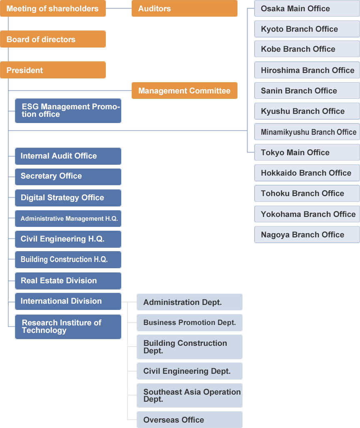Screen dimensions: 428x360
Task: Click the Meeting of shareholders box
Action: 52,8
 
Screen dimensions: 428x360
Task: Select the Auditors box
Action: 184,8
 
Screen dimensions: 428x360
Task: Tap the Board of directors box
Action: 52,39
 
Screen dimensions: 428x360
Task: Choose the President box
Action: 52,70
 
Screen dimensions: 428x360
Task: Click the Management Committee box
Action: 184,91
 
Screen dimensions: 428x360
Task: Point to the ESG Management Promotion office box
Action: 68,111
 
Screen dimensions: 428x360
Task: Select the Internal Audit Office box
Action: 68,156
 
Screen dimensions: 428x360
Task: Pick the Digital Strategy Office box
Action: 68,198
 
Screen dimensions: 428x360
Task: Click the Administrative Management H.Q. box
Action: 68,219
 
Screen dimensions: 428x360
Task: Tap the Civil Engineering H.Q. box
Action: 68,239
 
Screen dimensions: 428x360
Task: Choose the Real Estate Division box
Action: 68,281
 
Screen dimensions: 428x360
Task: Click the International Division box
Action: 68,301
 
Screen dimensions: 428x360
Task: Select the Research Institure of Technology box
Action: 68,327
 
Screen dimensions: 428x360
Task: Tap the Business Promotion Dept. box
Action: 189,322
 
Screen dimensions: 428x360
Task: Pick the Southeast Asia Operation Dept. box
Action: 189,395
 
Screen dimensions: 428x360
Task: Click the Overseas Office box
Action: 189,420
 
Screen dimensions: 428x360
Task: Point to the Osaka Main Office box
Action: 307,8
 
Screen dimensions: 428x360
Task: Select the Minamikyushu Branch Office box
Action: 307,132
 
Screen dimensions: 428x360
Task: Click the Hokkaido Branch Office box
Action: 307,173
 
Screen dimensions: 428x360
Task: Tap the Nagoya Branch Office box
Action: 307,234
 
